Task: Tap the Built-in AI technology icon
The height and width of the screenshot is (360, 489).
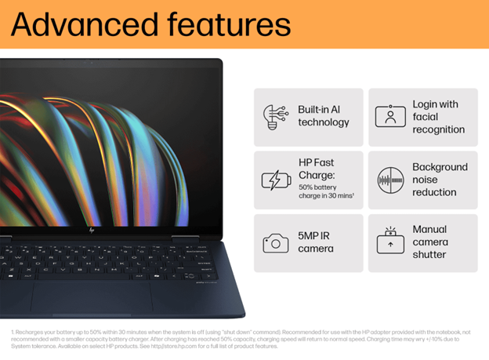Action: tap(274, 116)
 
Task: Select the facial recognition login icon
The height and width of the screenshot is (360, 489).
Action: tap(389, 116)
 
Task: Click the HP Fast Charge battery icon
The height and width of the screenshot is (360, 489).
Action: tap(275, 180)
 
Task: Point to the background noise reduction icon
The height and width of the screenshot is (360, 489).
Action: tap(389, 180)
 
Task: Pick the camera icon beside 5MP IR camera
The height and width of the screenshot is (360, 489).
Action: tap(275, 243)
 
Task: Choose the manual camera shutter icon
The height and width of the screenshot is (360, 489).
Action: tap(389, 242)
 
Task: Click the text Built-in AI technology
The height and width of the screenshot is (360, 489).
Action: tap(324, 116)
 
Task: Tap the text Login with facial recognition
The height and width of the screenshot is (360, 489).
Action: tap(438, 117)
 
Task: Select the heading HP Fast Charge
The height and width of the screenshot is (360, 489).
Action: tap(317, 169)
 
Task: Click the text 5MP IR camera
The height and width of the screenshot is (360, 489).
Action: tap(316, 242)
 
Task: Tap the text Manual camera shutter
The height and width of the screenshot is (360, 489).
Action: tap(429, 242)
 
